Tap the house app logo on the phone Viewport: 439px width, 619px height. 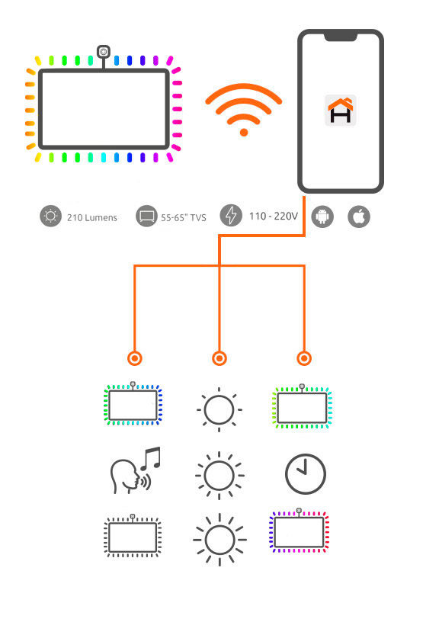pyautogui.click(x=341, y=110)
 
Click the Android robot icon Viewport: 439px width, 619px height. pyautogui.click(x=322, y=216)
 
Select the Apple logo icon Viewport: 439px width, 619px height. pyautogui.click(x=359, y=216)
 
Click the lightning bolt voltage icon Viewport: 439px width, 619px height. pyautogui.click(x=231, y=216)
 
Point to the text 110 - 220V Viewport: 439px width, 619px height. pyautogui.click(x=273, y=216)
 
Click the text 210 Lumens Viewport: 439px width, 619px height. pyautogui.click(x=92, y=217)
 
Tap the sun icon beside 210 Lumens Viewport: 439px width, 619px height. pyautogui.click(x=50, y=216)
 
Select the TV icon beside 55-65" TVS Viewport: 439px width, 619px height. pyautogui.click(x=146, y=216)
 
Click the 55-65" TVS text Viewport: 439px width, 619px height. pyautogui.click(x=184, y=217)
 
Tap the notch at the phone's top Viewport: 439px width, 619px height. pyautogui.click(x=341, y=37)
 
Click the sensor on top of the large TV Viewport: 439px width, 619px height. pyautogui.click(x=104, y=52)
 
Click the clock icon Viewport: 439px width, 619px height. pyautogui.click(x=305, y=473)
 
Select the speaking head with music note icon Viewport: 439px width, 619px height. pyautogui.click(x=136, y=470)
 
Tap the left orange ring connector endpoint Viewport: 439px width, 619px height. pyautogui.click(x=135, y=358)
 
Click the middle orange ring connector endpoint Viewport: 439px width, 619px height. pyautogui.click(x=219, y=358)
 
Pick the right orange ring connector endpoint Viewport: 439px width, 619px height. pyautogui.click(x=304, y=358)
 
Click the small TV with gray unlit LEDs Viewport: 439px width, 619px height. pyautogui.click(x=133, y=536)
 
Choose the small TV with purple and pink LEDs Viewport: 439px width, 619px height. pyautogui.click(x=299, y=531)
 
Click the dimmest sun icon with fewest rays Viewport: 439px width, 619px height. pyautogui.click(x=219, y=409)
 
